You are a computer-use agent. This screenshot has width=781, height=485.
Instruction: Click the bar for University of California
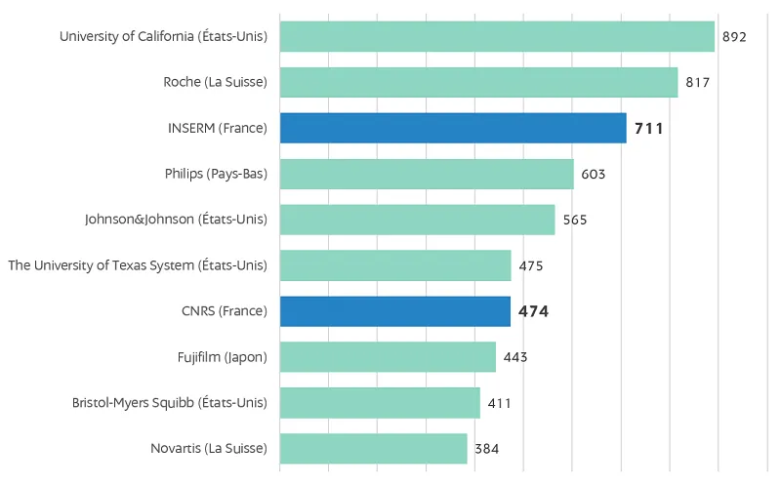click(497, 37)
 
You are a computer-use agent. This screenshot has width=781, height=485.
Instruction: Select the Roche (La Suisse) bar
click(478, 83)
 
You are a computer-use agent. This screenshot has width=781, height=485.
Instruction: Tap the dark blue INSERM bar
click(453, 128)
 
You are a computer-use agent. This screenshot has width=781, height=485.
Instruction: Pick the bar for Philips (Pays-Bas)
click(427, 174)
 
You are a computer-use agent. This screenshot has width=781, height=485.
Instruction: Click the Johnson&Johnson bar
click(417, 220)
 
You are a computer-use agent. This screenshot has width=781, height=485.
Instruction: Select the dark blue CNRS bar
click(395, 311)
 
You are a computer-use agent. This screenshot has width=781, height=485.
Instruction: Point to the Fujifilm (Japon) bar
click(388, 357)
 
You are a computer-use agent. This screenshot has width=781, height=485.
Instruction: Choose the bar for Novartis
click(374, 449)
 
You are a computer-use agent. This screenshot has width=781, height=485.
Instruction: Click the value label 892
click(734, 37)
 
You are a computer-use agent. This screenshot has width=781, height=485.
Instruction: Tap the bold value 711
click(649, 128)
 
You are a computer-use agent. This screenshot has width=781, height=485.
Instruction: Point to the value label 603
click(594, 175)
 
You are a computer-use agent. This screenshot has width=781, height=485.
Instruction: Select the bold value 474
click(533, 312)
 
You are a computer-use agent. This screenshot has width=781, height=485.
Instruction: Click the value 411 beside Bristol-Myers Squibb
click(500, 403)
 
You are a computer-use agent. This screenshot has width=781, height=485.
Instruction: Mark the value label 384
click(487, 449)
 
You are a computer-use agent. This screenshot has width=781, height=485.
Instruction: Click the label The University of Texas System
click(138, 265)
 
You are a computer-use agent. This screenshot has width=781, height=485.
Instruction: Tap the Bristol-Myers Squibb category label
click(170, 403)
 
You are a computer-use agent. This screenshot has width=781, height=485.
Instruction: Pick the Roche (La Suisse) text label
click(215, 83)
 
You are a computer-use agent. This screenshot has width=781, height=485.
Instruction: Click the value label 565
click(575, 221)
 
